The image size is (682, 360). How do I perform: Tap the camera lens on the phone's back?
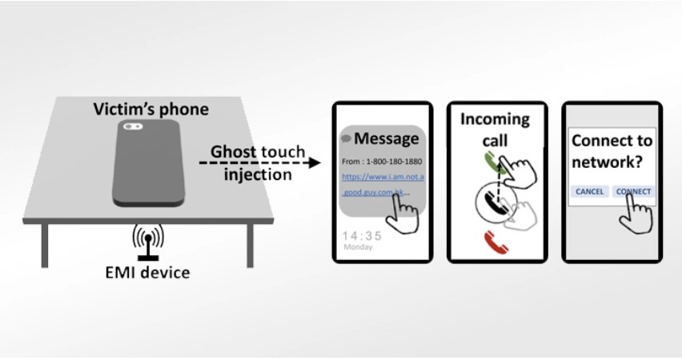tap(133, 126)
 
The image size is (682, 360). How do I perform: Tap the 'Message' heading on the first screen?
tap(386, 138)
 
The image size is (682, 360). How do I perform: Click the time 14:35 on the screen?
tap(361, 236)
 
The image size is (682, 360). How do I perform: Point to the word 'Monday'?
tap(358, 248)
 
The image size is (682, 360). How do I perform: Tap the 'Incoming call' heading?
tap(495, 130)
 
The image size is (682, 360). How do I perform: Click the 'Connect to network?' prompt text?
tap(612, 150)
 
